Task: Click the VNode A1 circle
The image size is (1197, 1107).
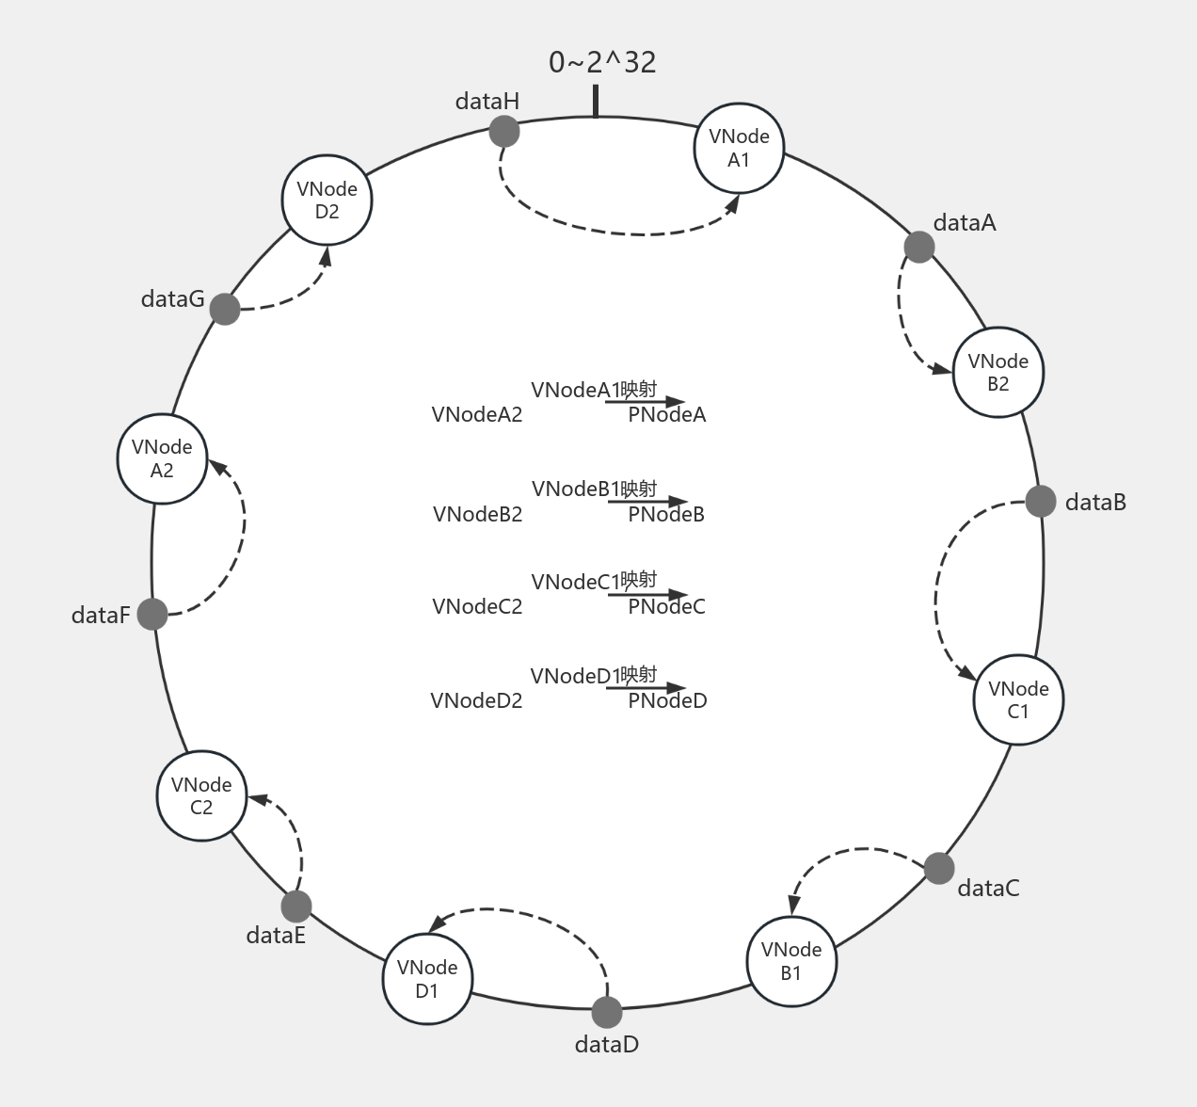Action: (x=739, y=148)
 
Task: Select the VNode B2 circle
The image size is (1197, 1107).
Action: (x=998, y=372)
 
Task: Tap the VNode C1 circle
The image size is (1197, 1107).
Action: (x=1018, y=700)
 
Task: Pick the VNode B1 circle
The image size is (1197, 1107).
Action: (x=791, y=961)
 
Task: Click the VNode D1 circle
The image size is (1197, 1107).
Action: (x=427, y=979)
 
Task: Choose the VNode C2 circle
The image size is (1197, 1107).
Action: (x=201, y=795)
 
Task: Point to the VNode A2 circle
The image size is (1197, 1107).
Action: (x=162, y=458)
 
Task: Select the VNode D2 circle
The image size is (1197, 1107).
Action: (x=327, y=200)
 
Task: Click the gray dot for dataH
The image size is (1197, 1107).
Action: (x=504, y=131)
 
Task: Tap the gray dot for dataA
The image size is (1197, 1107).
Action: (x=919, y=247)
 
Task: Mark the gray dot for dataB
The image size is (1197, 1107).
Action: (x=1041, y=501)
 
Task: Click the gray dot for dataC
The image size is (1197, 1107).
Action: (x=939, y=868)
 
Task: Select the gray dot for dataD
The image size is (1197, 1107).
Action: (x=607, y=1013)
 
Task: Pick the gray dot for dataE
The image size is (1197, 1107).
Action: (x=295, y=906)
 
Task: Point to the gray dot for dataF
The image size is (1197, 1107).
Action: (x=152, y=614)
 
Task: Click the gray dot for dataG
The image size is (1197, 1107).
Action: (x=225, y=308)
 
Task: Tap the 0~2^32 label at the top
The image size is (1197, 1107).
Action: (x=602, y=62)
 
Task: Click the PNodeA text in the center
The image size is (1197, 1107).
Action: (x=667, y=415)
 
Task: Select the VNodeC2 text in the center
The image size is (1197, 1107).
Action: (x=477, y=607)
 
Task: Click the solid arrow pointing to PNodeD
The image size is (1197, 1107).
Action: (x=646, y=689)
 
